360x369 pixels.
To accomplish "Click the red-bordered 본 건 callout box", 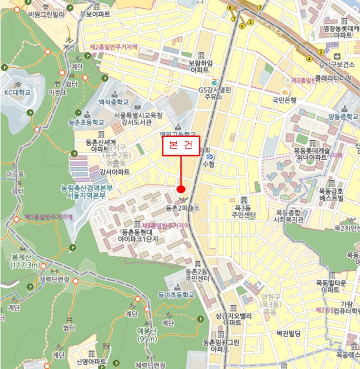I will [x=181, y=146].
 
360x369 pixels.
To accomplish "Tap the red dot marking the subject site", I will [x=181, y=189].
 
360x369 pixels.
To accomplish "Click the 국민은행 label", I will [x=285, y=99].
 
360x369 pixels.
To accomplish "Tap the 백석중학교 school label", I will [x=113, y=102].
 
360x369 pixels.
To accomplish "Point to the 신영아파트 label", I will [x=91, y=362].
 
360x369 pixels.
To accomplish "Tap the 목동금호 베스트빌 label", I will [x=332, y=194].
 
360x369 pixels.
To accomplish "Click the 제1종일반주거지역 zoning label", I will [x=48, y=217].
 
